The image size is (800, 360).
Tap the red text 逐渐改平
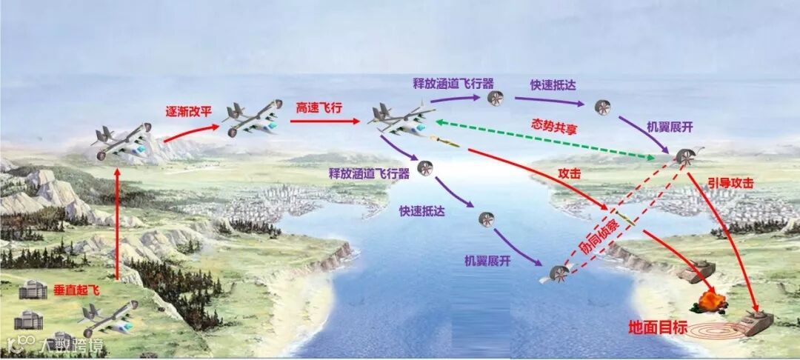point(188,113)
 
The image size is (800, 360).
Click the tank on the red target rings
point(752,322)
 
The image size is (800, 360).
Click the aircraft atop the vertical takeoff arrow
point(120,141)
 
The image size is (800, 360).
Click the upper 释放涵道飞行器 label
point(453,83)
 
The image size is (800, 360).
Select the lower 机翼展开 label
point(487,261)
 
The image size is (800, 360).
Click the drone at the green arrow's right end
point(685,157)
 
